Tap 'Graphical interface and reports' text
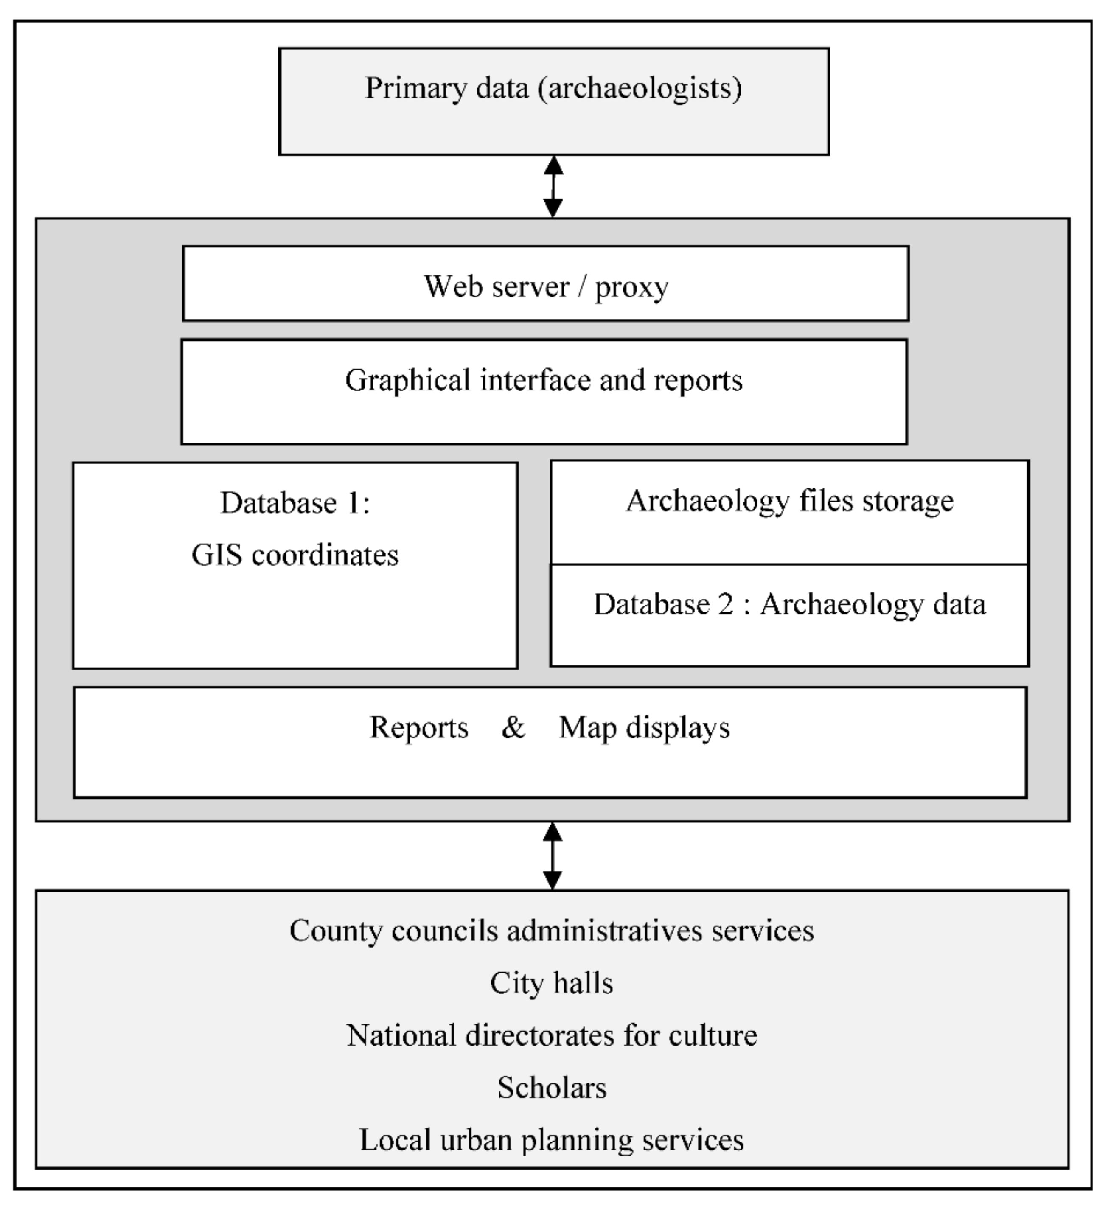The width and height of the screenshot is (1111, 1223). pos(544,380)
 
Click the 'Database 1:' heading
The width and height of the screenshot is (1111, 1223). pos(295,503)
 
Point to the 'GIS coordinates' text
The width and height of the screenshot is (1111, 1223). pos(295,555)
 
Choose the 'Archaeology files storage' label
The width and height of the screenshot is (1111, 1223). pos(789,501)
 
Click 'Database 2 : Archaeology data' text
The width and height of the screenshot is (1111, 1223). pos(789,604)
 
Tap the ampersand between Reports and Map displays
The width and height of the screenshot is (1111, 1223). pos(513,727)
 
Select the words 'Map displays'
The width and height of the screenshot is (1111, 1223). pos(644,727)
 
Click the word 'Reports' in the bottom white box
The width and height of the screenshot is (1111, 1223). pos(419,727)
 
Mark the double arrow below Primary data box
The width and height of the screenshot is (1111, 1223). pos(553,186)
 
